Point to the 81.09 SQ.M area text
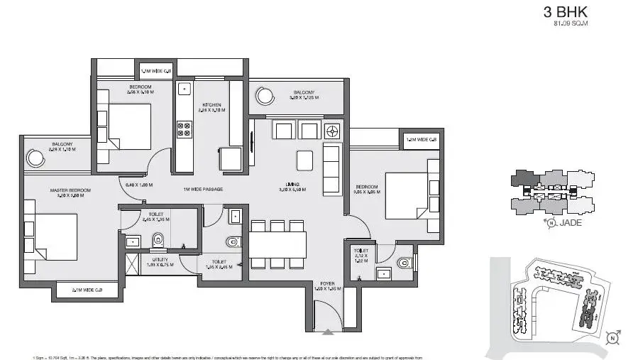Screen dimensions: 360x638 tap(571, 23)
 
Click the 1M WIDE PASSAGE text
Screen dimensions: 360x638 tap(203, 189)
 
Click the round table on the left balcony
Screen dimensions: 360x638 tap(34, 157)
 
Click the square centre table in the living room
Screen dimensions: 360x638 tap(304, 160)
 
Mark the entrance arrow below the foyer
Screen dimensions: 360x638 tap(327, 331)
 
